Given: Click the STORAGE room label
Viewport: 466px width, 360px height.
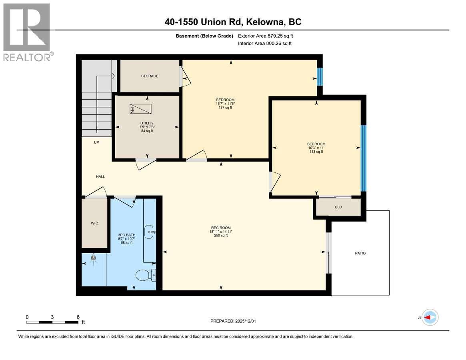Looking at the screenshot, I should click(x=150, y=76).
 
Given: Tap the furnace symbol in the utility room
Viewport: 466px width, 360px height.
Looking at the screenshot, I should click(x=140, y=109).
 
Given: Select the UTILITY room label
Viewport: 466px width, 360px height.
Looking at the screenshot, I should click(x=147, y=123).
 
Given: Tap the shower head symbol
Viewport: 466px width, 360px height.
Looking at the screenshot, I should click(x=94, y=258).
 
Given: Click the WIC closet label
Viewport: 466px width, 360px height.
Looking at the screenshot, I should click(x=94, y=223).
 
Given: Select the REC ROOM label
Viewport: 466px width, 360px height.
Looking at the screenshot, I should click(x=221, y=231).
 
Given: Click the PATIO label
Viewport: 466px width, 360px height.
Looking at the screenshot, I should click(x=360, y=253).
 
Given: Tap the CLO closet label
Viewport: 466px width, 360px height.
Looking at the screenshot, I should click(x=338, y=207).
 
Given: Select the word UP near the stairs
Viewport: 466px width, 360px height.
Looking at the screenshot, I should click(x=96, y=142).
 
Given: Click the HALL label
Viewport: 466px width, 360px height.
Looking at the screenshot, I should click(x=100, y=176).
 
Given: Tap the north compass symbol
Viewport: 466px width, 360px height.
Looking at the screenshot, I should click(x=430, y=318).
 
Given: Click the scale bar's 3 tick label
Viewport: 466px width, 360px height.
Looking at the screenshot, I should click(x=52, y=317).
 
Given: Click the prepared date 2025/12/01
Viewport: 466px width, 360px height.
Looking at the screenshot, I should click(x=236, y=321).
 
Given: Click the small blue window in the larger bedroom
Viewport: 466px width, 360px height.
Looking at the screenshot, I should click(x=320, y=76).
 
